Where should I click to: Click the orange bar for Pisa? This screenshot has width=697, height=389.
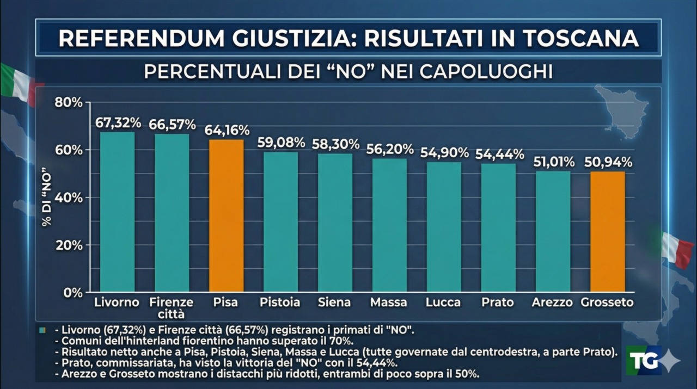pos(227,215)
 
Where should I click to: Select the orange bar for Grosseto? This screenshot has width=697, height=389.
pos(608,231)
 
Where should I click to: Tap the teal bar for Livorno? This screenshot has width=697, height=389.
pos(118,212)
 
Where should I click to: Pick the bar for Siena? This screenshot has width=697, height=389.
pos(335,223)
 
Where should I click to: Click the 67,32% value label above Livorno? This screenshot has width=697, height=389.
pos(118,122)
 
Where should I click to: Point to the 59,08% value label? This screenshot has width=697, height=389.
pos(281,143)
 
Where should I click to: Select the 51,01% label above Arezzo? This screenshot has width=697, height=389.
pos(553,162)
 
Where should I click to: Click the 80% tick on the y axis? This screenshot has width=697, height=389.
pos(69,102)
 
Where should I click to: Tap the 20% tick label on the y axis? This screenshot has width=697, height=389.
pos(69,245)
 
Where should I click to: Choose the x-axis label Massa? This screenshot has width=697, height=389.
pos(388,302)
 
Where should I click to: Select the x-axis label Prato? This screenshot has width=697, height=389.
pos(497,302)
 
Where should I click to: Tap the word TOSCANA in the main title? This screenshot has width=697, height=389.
pos(580,38)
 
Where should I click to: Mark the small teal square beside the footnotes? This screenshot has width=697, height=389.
pos(43,330)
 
